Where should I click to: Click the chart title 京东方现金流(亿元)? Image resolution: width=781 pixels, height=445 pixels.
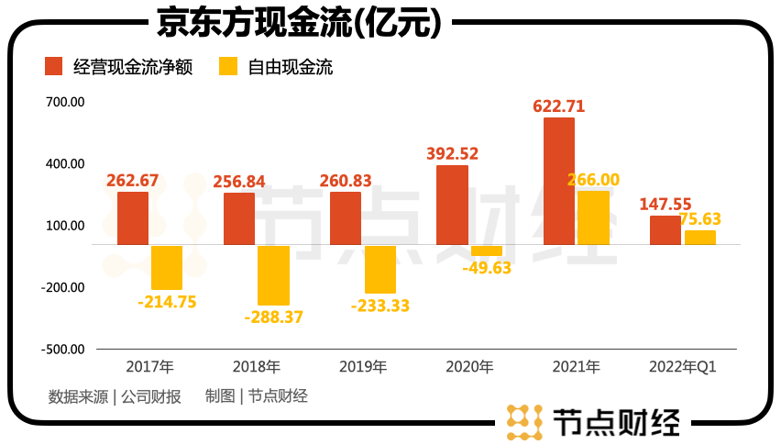click(x=299, y=23)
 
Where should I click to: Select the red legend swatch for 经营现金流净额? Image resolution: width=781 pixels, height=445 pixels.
click(x=53, y=67)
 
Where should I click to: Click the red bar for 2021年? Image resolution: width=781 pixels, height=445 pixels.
click(x=558, y=181)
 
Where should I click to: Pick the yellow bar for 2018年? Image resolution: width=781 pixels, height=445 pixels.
click(x=273, y=275)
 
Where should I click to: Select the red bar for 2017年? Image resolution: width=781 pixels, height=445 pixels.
click(x=133, y=218)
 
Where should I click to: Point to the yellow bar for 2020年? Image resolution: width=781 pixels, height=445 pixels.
click(x=487, y=250)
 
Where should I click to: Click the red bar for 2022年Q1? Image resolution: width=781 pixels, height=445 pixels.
click(x=665, y=230)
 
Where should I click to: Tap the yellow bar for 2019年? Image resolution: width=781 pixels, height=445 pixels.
click(x=380, y=269)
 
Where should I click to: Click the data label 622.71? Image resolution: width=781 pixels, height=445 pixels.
click(x=558, y=106)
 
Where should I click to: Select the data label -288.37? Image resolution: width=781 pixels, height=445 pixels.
click(x=273, y=317)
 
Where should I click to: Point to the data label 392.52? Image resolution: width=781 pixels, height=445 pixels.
click(x=453, y=154)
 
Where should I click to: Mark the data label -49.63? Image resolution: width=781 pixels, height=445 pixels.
click(x=487, y=268)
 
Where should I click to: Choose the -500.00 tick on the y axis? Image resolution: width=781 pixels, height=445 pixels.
click(x=61, y=350)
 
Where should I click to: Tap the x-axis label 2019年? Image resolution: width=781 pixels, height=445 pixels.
click(x=363, y=367)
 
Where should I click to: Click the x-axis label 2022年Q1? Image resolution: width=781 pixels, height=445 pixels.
click(x=681, y=367)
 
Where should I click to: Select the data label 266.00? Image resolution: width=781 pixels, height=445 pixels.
click(x=593, y=181)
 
